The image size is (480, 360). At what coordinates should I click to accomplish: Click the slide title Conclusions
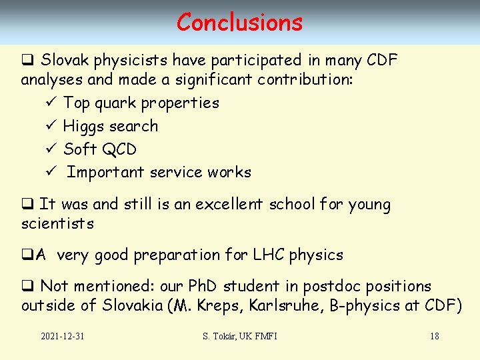tap(239, 22)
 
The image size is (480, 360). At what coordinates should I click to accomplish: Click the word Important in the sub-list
tap(105, 172)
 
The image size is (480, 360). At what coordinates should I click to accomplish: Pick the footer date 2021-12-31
tap(62, 336)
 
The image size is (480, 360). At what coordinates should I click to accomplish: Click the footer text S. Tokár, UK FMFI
tap(239, 336)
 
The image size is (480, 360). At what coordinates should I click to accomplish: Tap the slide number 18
tap(434, 336)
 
